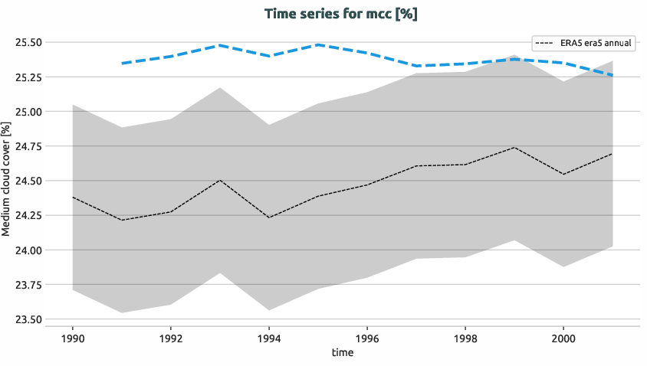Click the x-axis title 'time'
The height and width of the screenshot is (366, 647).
click(x=343, y=352)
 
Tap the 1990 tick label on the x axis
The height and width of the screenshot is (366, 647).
click(x=72, y=337)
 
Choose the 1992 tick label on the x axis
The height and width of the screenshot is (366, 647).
click(x=170, y=337)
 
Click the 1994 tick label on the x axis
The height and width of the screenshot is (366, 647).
click(x=268, y=337)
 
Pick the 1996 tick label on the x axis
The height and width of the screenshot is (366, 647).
click(x=367, y=337)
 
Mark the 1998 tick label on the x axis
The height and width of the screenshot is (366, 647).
click(x=465, y=337)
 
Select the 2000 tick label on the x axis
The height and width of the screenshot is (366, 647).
click(x=563, y=337)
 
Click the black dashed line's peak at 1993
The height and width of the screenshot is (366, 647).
click(x=219, y=180)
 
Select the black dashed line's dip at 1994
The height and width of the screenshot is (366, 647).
click(x=268, y=217)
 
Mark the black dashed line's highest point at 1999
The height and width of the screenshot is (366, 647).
click(x=514, y=147)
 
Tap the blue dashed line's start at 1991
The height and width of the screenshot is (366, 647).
click(x=121, y=63)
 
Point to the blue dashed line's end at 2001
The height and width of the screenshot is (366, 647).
click(x=613, y=75)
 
